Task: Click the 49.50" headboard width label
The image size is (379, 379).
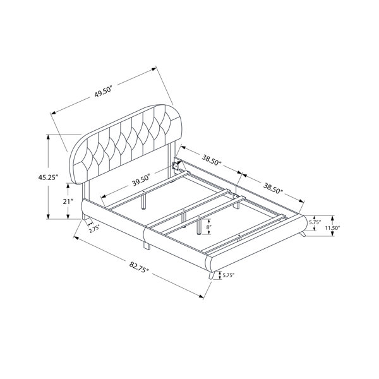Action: tap(104, 92)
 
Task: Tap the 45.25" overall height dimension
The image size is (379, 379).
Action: tap(49, 177)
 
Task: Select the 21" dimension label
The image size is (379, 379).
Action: tap(68, 202)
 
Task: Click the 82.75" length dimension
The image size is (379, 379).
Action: tap(139, 267)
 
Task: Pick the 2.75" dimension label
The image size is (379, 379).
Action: tap(94, 229)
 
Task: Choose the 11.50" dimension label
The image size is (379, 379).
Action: tap(332, 227)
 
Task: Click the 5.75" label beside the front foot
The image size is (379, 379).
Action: tap(229, 275)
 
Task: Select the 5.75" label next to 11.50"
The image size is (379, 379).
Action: tap(315, 222)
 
